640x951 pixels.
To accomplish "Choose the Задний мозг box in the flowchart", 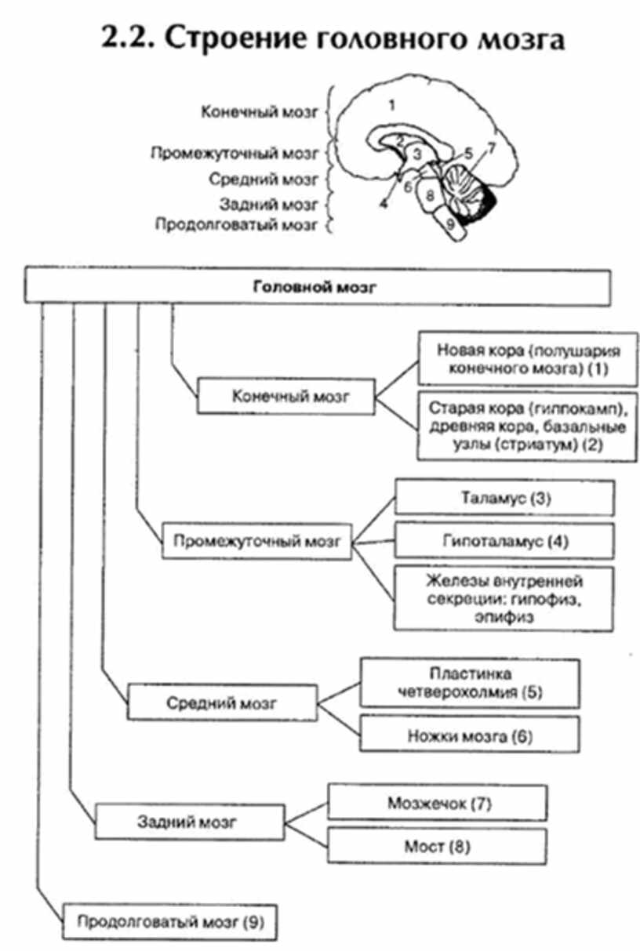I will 187,822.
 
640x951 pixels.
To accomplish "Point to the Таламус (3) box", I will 504,498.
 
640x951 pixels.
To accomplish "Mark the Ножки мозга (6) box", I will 470,736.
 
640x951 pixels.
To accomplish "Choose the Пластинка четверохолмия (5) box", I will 470,683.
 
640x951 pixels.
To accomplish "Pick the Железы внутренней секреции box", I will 504,597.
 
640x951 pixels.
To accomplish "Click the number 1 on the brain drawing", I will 392,103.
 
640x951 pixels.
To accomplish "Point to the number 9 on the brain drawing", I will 449,223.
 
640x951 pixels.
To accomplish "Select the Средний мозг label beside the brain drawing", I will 263,180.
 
